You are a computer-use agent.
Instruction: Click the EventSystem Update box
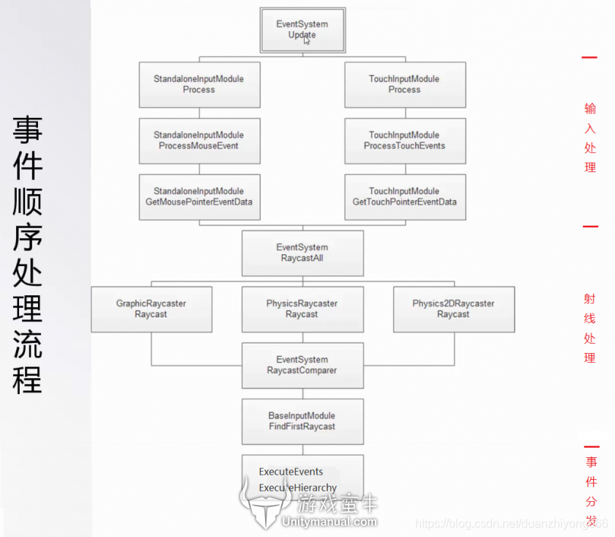pyautogui.click(x=302, y=30)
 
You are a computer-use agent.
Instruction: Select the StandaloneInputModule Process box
pyautogui.click(x=199, y=85)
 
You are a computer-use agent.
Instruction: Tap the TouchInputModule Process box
pyautogui.click(x=404, y=85)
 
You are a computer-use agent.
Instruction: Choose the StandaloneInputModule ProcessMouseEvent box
pyautogui.click(x=199, y=141)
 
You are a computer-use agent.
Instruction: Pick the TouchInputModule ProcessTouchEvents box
pyautogui.click(x=404, y=141)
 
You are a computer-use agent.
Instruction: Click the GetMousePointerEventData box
pyautogui.click(x=199, y=197)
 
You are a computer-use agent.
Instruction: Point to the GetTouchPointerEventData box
pyautogui.click(x=404, y=197)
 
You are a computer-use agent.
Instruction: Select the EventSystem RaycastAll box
pyautogui.click(x=302, y=253)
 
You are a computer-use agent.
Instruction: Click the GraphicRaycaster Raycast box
pyautogui.click(x=152, y=309)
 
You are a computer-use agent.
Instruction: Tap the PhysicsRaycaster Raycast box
pyautogui.click(x=302, y=309)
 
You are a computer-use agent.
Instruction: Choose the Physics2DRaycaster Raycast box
pyautogui.click(x=453, y=309)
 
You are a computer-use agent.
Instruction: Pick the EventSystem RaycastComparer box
pyautogui.click(x=302, y=366)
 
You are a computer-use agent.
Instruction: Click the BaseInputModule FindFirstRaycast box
pyautogui.click(x=302, y=421)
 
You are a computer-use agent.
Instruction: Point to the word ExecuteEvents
pyautogui.click(x=291, y=472)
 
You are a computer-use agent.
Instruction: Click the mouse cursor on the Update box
pyautogui.click(x=307, y=40)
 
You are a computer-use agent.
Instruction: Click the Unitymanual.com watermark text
pyautogui.click(x=329, y=522)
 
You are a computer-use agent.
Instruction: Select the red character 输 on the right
pyautogui.click(x=590, y=108)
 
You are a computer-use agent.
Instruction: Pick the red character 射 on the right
pyautogui.click(x=590, y=299)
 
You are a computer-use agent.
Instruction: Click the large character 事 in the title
pyautogui.click(x=27, y=130)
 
